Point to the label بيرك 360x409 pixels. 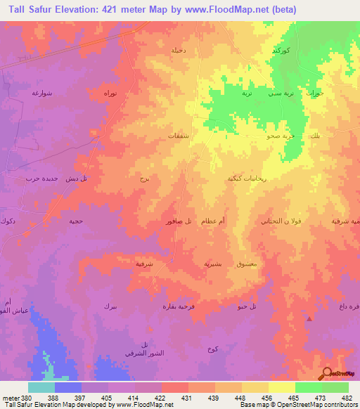click(x=110, y=306)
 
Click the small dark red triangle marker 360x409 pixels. click(x=309, y=319)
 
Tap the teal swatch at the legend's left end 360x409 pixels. click(x=41, y=387)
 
